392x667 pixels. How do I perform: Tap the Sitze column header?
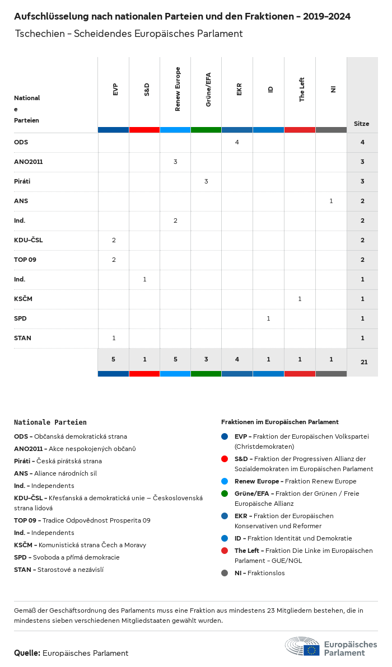pyautogui.click(x=362, y=124)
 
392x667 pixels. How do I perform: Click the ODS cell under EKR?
pyautogui.click(x=237, y=142)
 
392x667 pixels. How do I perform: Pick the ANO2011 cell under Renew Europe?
pyautogui.click(x=175, y=162)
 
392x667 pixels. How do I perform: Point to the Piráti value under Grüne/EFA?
pyautogui.click(x=206, y=181)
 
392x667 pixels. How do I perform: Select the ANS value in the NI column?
pyautogui.click(x=331, y=201)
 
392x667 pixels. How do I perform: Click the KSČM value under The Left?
pyautogui.click(x=300, y=299)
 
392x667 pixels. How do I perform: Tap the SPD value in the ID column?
pyautogui.click(x=268, y=318)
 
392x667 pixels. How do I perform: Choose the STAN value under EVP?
pyautogui.click(x=114, y=338)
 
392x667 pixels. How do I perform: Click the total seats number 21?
pyautogui.click(x=364, y=362)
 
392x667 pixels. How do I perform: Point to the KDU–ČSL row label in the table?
pyautogui.click(x=29, y=240)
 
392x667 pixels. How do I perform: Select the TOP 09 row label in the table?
pyautogui.click(x=25, y=260)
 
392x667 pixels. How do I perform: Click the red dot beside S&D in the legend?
pyautogui.click(x=225, y=459)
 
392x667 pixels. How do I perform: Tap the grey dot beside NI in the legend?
pyautogui.click(x=225, y=573)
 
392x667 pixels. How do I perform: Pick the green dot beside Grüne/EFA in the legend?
pyautogui.click(x=225, y=494)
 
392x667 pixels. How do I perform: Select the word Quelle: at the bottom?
pyautogui.click(x=27, y=653)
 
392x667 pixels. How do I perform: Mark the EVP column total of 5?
pyautogui.click(x=114, y=359)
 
